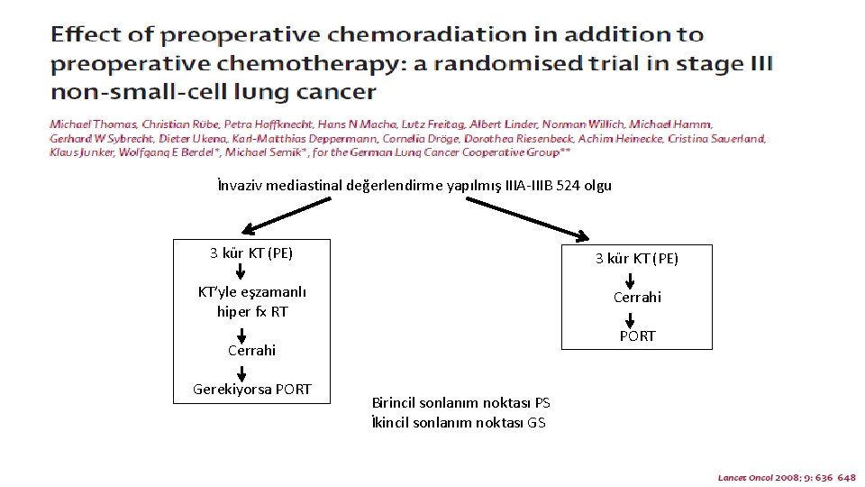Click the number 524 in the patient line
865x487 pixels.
pos(569,186)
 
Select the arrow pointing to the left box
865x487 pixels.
pos(284,216)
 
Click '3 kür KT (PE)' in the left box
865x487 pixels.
pos(251,253)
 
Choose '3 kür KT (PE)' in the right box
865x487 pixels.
pos(636,259)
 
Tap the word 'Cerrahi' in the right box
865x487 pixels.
pos(636,297)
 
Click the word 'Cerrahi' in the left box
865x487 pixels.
pos(251,350)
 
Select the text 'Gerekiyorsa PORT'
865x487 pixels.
pos(251,390)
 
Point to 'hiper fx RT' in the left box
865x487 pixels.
pos(251,312)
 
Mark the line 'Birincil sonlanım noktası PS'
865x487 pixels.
pos(460,402)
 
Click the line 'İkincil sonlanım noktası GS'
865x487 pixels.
pos(458,422)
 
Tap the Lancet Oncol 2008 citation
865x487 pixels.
pos(786,477)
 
